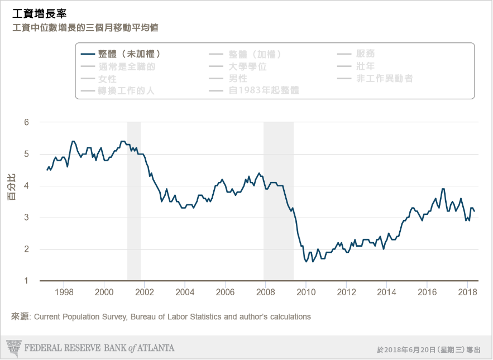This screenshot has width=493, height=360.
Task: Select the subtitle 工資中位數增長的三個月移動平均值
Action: click(x=89, y=27)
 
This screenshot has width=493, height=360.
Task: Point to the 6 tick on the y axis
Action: click(x=26, y=122)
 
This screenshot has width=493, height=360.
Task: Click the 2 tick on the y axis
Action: click(x=26, y=249)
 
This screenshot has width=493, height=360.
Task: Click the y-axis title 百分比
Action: click(x=11, y=187)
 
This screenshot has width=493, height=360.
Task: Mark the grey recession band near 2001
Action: click(x=134, y=201)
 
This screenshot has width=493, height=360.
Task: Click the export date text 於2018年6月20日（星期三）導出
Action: click(x=429, y=349)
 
